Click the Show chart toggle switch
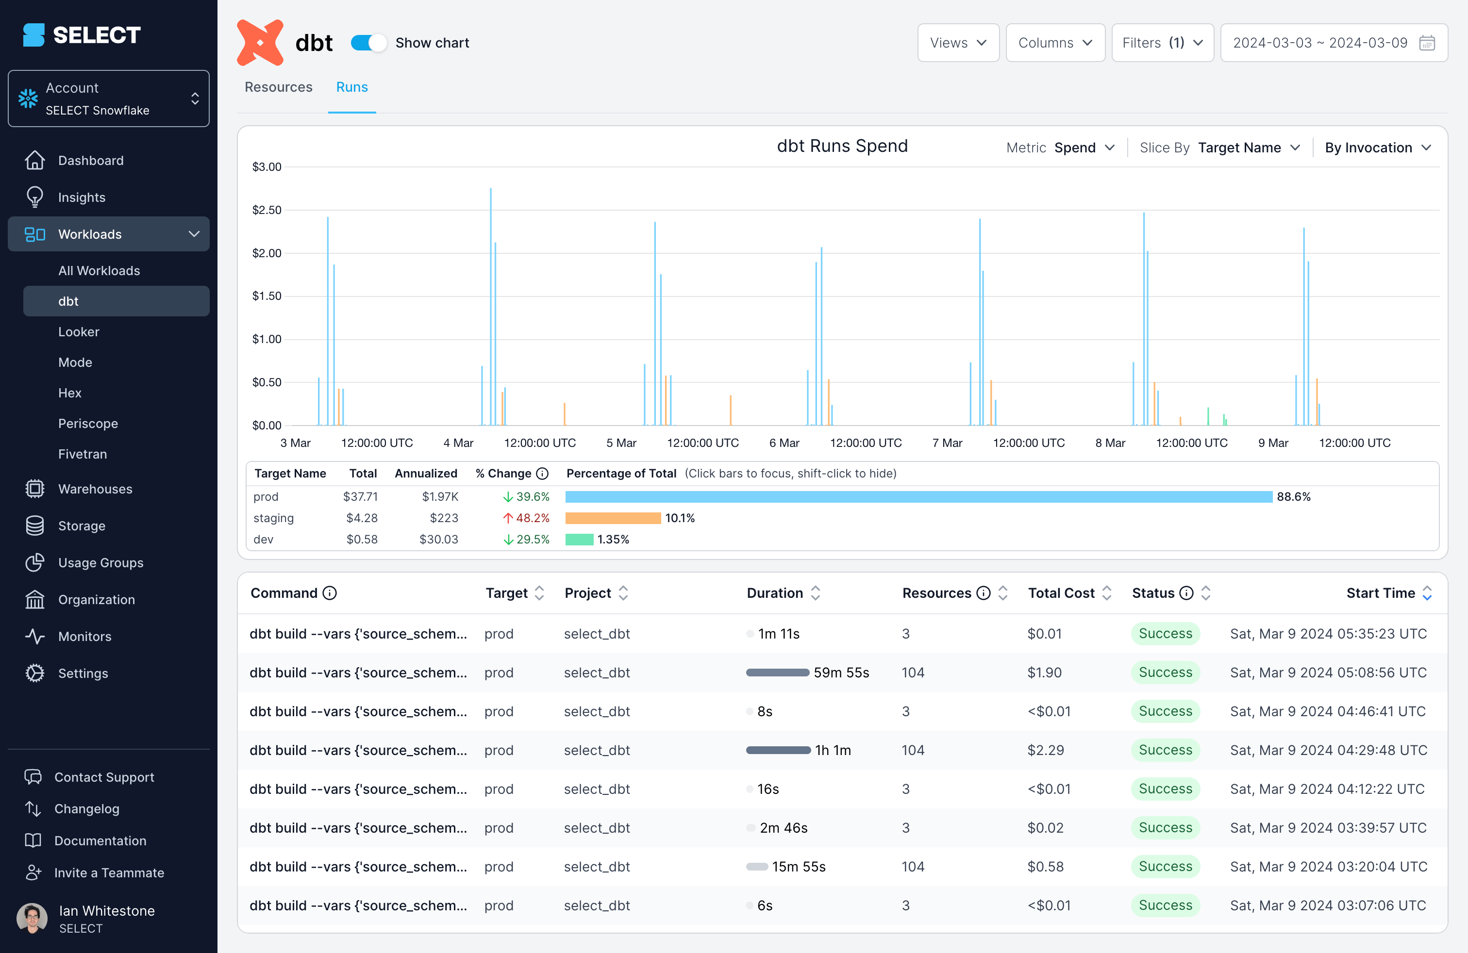click(368, 43)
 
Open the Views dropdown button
click(957, 43)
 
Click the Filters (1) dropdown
click(1162, 43)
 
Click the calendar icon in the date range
click(1427, 43)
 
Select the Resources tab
click(278, 87)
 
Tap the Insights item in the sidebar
click(82, 197)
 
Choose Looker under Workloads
click(78, 331)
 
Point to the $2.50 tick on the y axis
click(267, 210)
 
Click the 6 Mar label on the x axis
click(784, 443)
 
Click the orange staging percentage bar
click(613, 518)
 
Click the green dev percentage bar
click(579, 540)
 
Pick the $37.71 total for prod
click(360, 496)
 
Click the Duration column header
click(775, 593)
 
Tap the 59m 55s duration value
click(841, 673)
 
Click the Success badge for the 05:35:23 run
click(1165, 634)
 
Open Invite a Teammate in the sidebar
click(109, 873)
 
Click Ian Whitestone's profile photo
click(32, 919)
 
